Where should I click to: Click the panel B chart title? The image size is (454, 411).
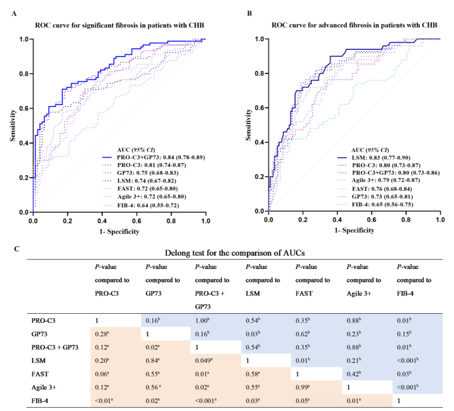pos(354,25)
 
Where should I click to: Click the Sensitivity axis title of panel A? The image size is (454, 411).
pos(13,125)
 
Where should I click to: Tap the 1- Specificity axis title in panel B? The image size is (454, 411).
pos(354,230)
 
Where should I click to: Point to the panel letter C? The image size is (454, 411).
pos(16,249)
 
